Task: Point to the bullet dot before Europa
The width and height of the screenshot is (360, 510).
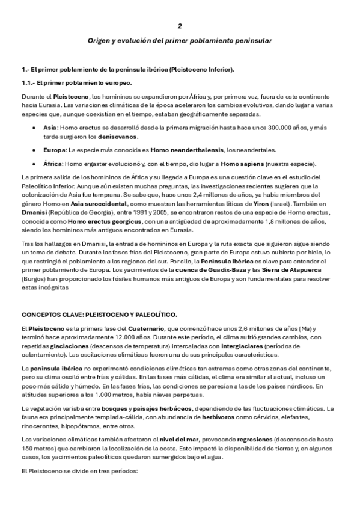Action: (x=32, y=149)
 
